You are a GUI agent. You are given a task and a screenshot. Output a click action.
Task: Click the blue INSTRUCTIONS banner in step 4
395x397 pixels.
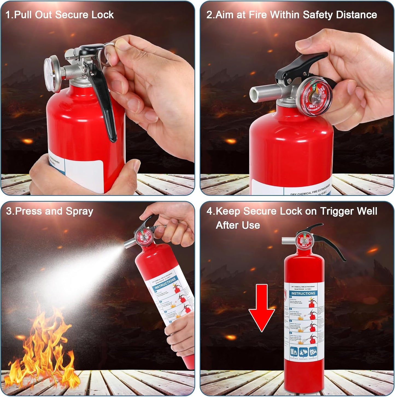pyautogui.click(x=303, y=293)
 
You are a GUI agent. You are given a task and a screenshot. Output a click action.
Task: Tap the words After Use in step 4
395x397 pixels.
pyautogui.click(x=238, y=225)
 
